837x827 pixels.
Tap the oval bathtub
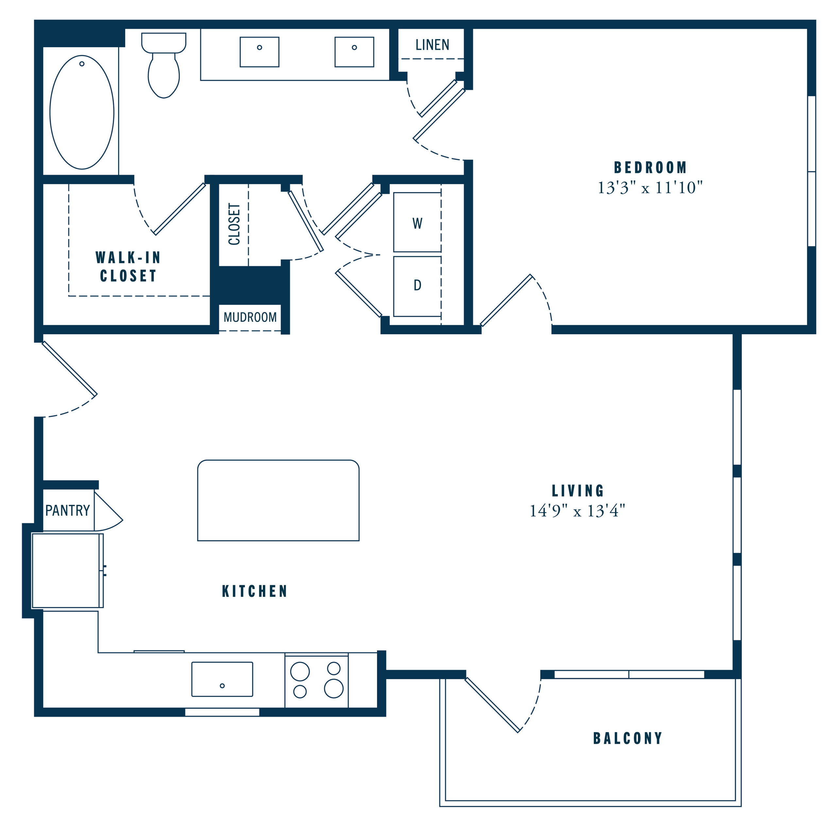pos(82,112)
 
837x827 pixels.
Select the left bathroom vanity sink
pos(260,52)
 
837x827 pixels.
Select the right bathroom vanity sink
pos(354,52)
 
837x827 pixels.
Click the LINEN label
pos(432,45)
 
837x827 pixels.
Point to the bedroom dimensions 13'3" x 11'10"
pos(650,188)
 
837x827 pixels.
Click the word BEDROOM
pos(650,167)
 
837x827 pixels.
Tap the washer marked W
pos(417,222)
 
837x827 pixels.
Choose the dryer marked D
pos(417,286)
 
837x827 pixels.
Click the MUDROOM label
pos(250,317)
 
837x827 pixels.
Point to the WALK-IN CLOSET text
pos(128,266)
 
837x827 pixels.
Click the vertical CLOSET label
pos(234,224)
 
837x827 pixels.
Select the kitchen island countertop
pos(278,500)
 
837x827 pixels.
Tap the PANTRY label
pos(68,510)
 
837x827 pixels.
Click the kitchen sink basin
pos(222,679)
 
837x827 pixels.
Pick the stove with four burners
pos(317,681)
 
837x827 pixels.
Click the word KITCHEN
pos(255,591)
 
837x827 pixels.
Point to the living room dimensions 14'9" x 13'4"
pos(577,511)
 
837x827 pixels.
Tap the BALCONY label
pos(628,738)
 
